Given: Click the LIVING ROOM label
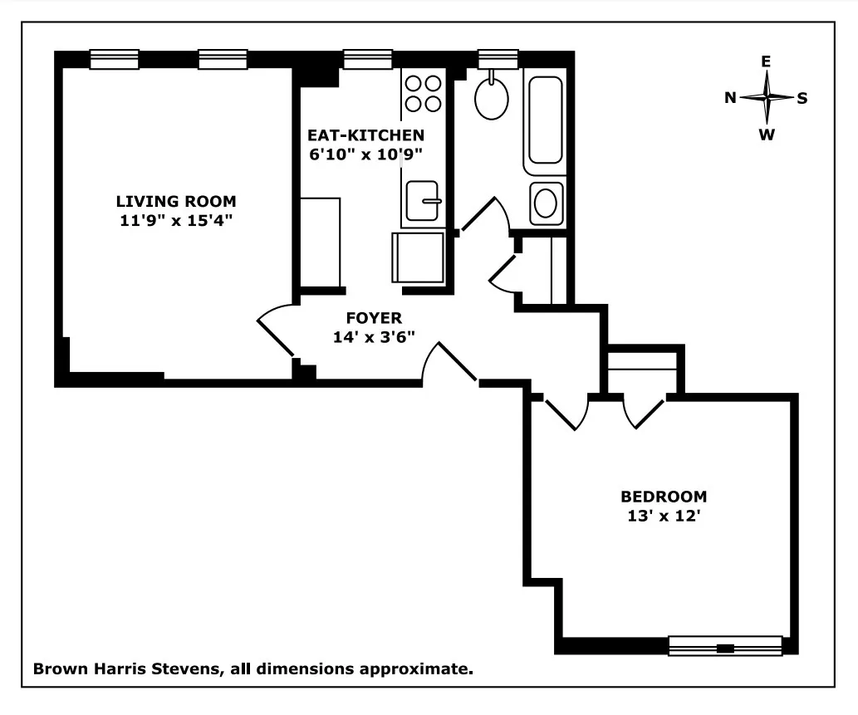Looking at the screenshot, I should (175, 201).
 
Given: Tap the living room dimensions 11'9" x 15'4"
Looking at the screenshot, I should (175, 220).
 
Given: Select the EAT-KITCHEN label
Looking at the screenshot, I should (365, 135).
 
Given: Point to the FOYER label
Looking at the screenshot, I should (373, 318).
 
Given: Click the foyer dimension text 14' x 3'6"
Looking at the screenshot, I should (373, 336).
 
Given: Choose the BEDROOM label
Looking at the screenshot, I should (664, 497).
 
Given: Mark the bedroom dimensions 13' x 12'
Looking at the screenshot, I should (664, 515).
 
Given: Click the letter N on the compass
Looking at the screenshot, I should (730, 98).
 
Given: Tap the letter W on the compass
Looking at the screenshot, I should (767, 135).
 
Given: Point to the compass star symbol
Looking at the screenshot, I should (767, 98).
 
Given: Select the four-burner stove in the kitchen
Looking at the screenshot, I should (422, 93).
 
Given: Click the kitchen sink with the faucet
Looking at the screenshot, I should (423, 200).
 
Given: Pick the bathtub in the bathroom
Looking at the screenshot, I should (545, 121).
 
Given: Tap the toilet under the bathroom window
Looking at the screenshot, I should (491, 98).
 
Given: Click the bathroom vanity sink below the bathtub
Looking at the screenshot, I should (545, 203).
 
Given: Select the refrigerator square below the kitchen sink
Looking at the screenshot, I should (418, 257).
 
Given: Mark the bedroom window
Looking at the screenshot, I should (725, 646).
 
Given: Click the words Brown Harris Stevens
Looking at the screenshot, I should (125, 668).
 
